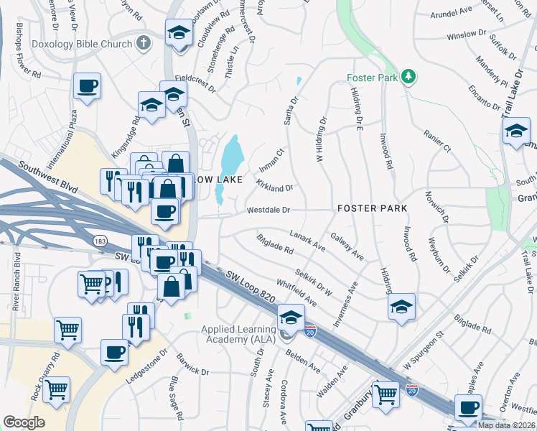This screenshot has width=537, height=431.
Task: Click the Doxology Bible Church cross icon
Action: [x=144, y=42]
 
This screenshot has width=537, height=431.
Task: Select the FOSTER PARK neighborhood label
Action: [x=372, y=208]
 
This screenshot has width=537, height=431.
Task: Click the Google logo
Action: [x=24, y=422]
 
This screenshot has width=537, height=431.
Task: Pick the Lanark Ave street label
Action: [x=307, y=239]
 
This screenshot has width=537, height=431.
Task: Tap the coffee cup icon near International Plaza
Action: [x=87, y=86]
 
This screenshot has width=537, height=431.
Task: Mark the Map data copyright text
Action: [x=506, y=425]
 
